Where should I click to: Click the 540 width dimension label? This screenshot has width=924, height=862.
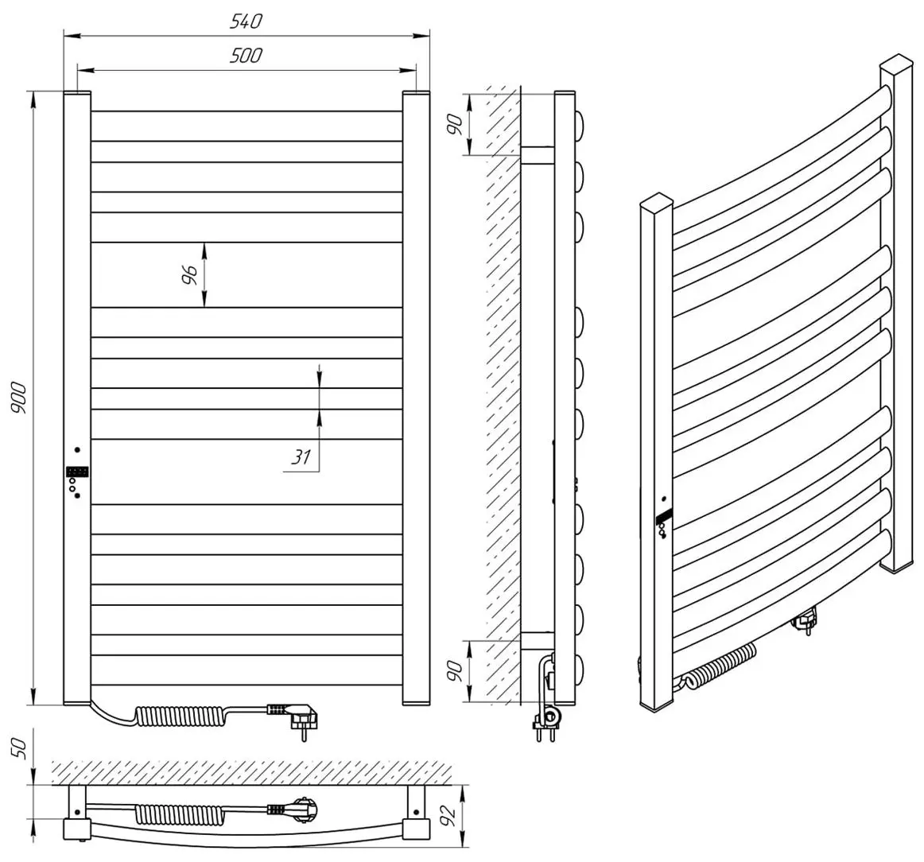coord(246,21)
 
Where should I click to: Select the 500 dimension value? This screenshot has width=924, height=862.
coord(246,55)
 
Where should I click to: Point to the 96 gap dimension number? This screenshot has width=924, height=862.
coord(189,275)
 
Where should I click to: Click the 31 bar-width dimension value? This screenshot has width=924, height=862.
coord(300,457)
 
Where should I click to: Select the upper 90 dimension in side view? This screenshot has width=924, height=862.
coord(455,125)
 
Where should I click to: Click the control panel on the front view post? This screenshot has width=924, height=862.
coord(77,472)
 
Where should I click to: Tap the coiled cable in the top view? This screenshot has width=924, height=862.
coord(169,813)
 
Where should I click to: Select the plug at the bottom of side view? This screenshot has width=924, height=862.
coord(545,720)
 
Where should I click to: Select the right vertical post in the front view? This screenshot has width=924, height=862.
coord(416,398)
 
